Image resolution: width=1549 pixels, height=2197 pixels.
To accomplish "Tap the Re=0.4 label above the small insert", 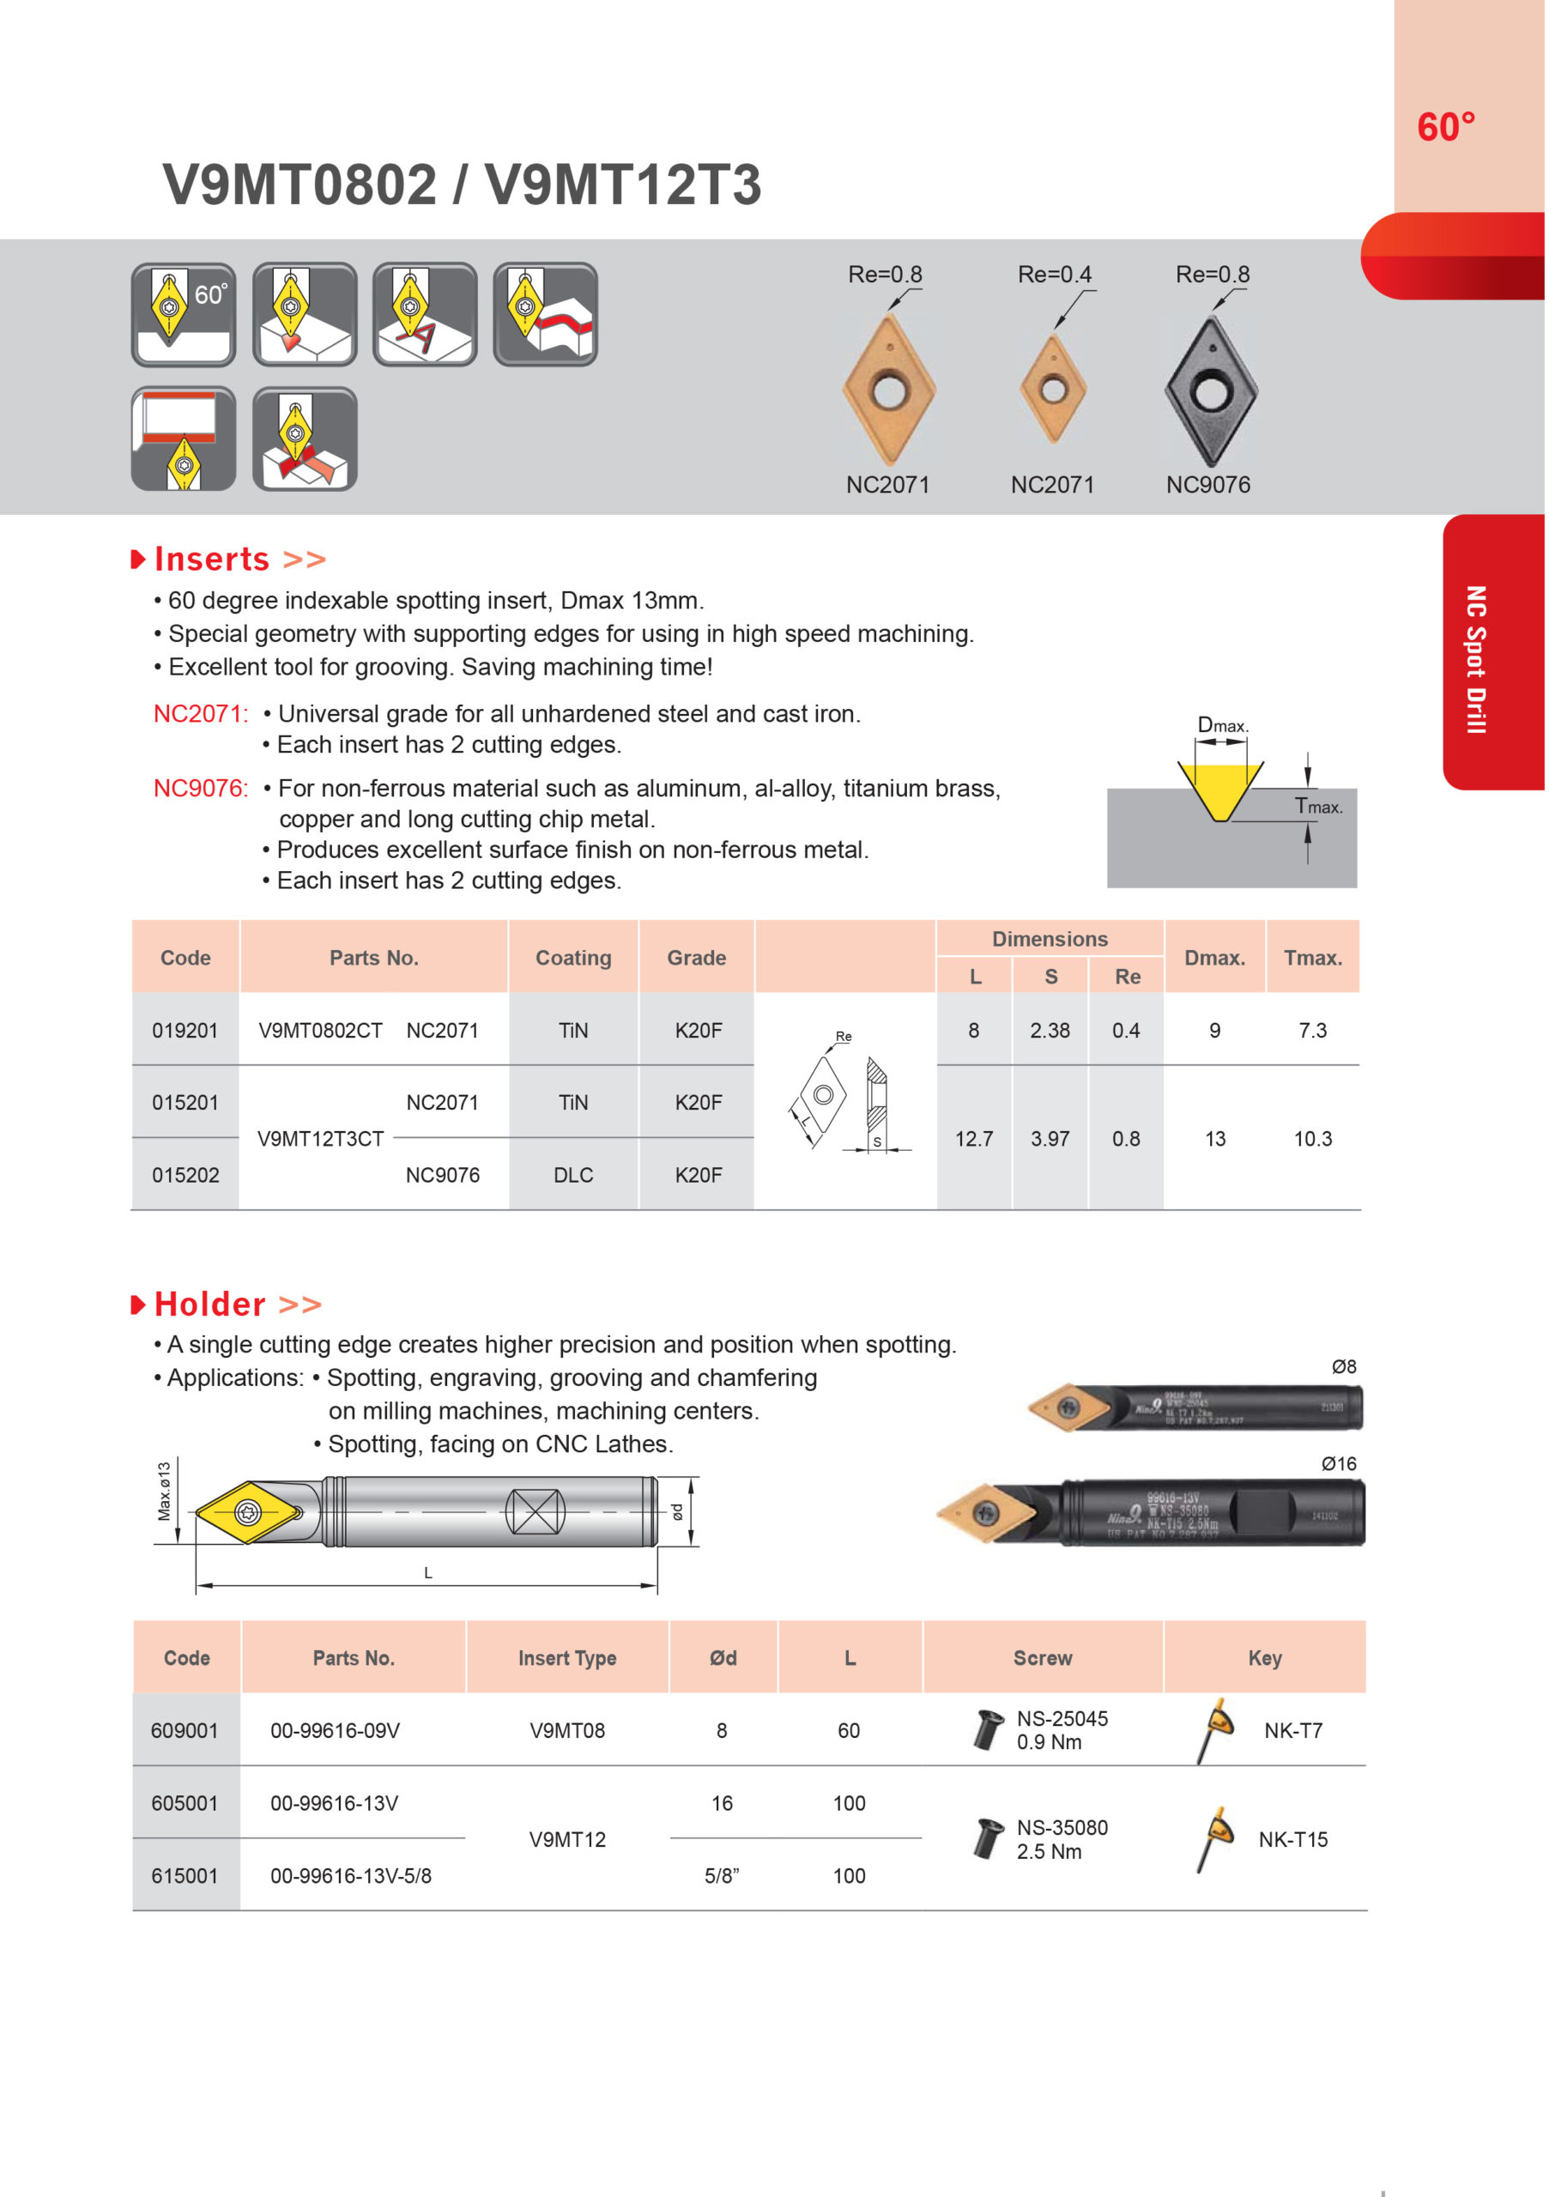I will point(1055,275).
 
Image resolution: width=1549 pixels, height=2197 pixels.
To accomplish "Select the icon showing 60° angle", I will point(184,315).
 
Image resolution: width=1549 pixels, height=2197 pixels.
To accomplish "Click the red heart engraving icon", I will point(306,315).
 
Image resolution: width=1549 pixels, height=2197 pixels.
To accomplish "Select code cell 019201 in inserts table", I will point(185,1031).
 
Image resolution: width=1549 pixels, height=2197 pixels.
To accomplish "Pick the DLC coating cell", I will point(573,1175).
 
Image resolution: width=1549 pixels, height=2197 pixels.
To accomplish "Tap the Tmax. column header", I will point(1313,958).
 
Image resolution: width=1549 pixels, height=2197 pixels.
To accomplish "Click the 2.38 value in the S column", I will point(1050,1031).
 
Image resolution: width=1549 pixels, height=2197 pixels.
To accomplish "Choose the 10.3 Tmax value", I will point(1313,1139).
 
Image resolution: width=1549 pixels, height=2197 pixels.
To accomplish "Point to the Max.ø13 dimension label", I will point(165,1492).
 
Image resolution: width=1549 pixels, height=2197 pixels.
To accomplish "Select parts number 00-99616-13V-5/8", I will point(350,1876).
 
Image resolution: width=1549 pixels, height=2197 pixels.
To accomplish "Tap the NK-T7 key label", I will point(1292,1731).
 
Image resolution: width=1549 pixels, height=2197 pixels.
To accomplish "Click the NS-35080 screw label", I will point(1062,1828).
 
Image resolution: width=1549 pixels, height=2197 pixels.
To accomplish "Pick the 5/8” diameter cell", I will point(723,1876).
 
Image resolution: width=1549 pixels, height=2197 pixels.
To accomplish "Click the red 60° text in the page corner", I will point(1446,127).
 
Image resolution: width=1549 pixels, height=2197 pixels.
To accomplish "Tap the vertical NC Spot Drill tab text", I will point(1476,659).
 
